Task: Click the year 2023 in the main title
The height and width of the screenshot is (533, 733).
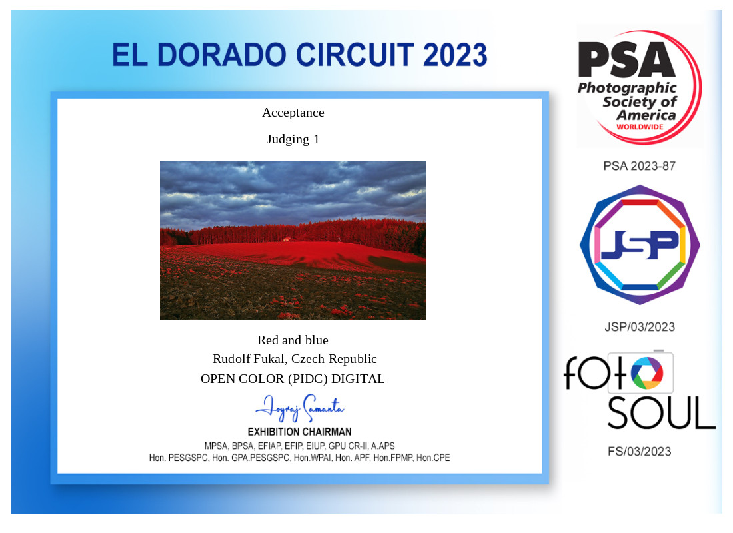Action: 455,55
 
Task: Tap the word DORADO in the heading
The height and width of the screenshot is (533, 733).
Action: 221,55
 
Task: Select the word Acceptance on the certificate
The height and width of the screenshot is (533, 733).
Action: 293,113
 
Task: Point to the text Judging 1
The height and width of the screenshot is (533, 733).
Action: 293,139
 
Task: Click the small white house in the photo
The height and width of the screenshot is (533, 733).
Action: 287,239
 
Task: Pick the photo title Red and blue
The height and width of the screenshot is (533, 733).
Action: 293,340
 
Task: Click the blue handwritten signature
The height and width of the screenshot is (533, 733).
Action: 300,408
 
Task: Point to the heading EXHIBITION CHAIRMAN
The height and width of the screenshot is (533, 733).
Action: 300,432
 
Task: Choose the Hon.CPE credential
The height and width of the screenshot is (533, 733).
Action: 433,458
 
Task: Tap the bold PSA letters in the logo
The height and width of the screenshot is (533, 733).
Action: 626,59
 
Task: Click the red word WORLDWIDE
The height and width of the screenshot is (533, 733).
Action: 640,127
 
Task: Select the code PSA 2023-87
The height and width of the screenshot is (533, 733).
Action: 640,166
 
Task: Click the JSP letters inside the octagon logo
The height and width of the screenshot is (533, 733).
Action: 640,245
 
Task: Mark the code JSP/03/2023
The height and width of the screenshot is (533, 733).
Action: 640,327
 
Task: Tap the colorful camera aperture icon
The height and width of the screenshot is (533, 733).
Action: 647,373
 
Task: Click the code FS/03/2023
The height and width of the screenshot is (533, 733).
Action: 640,452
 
